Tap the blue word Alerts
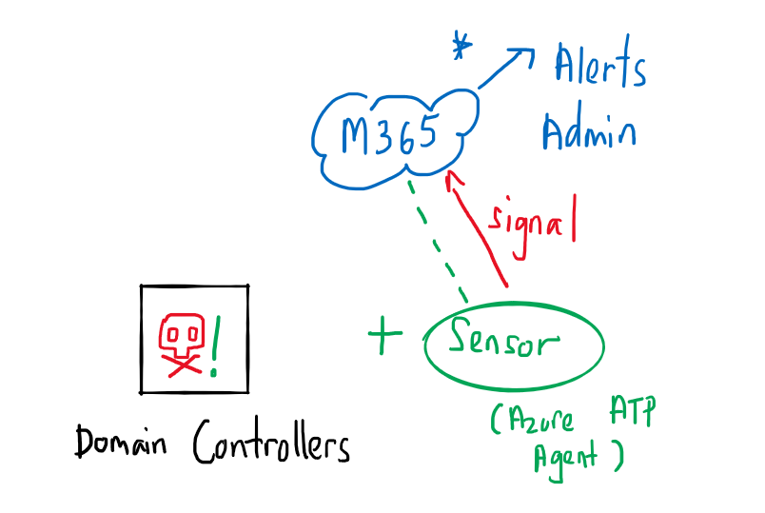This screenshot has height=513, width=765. (600, 69)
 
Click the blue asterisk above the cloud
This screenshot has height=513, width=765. (462, 46)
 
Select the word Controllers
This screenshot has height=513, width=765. (271, 444)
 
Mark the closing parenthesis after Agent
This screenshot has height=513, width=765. (618, 456)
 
